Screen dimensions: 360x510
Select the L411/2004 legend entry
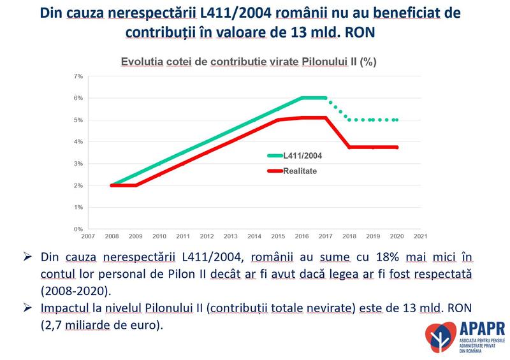pos(294,155)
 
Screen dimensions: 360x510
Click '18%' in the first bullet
pos(371,257)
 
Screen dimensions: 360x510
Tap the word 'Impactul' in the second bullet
pos(64,308)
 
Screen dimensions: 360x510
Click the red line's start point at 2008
pos(112,185)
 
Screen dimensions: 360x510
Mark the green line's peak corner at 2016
pos(302,97)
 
